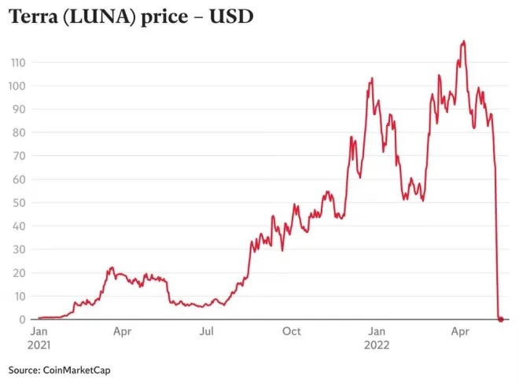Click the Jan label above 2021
tap(39, 331)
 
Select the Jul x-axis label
tap(207, 331)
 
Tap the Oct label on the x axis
tap(291, 331)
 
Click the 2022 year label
tap(378, 345)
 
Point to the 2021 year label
tap(40, 345)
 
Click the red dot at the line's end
tap(501, 319)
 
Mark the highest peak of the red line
tap(464, 41)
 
